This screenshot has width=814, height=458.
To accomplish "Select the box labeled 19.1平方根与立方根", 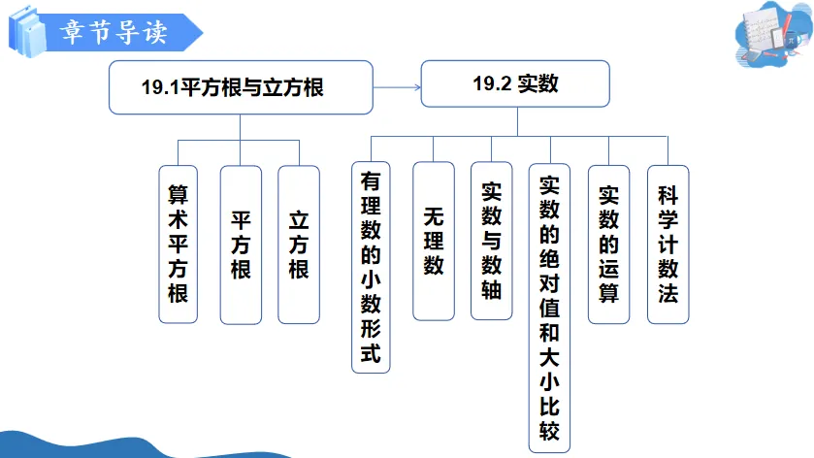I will [240, 87].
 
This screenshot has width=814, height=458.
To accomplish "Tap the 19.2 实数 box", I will [516, 85].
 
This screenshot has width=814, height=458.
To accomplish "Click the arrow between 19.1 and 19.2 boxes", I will [397, 87].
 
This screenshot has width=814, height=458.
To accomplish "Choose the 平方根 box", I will [241, 244].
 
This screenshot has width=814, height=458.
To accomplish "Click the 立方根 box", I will [299, 244].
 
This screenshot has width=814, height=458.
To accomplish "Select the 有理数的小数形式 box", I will [370, 266].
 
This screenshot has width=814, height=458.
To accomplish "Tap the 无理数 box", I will [433, 240].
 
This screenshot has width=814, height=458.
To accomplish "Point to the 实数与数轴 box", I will [492, 240].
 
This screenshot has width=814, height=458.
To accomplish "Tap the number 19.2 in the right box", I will [490, 85].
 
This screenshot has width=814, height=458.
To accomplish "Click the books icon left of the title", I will [25, 30].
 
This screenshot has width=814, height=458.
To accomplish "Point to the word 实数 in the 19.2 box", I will [537, 85].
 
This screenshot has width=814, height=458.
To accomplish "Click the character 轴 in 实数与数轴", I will [492, 288].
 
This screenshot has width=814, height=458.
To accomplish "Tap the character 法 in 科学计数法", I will [667, 293].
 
